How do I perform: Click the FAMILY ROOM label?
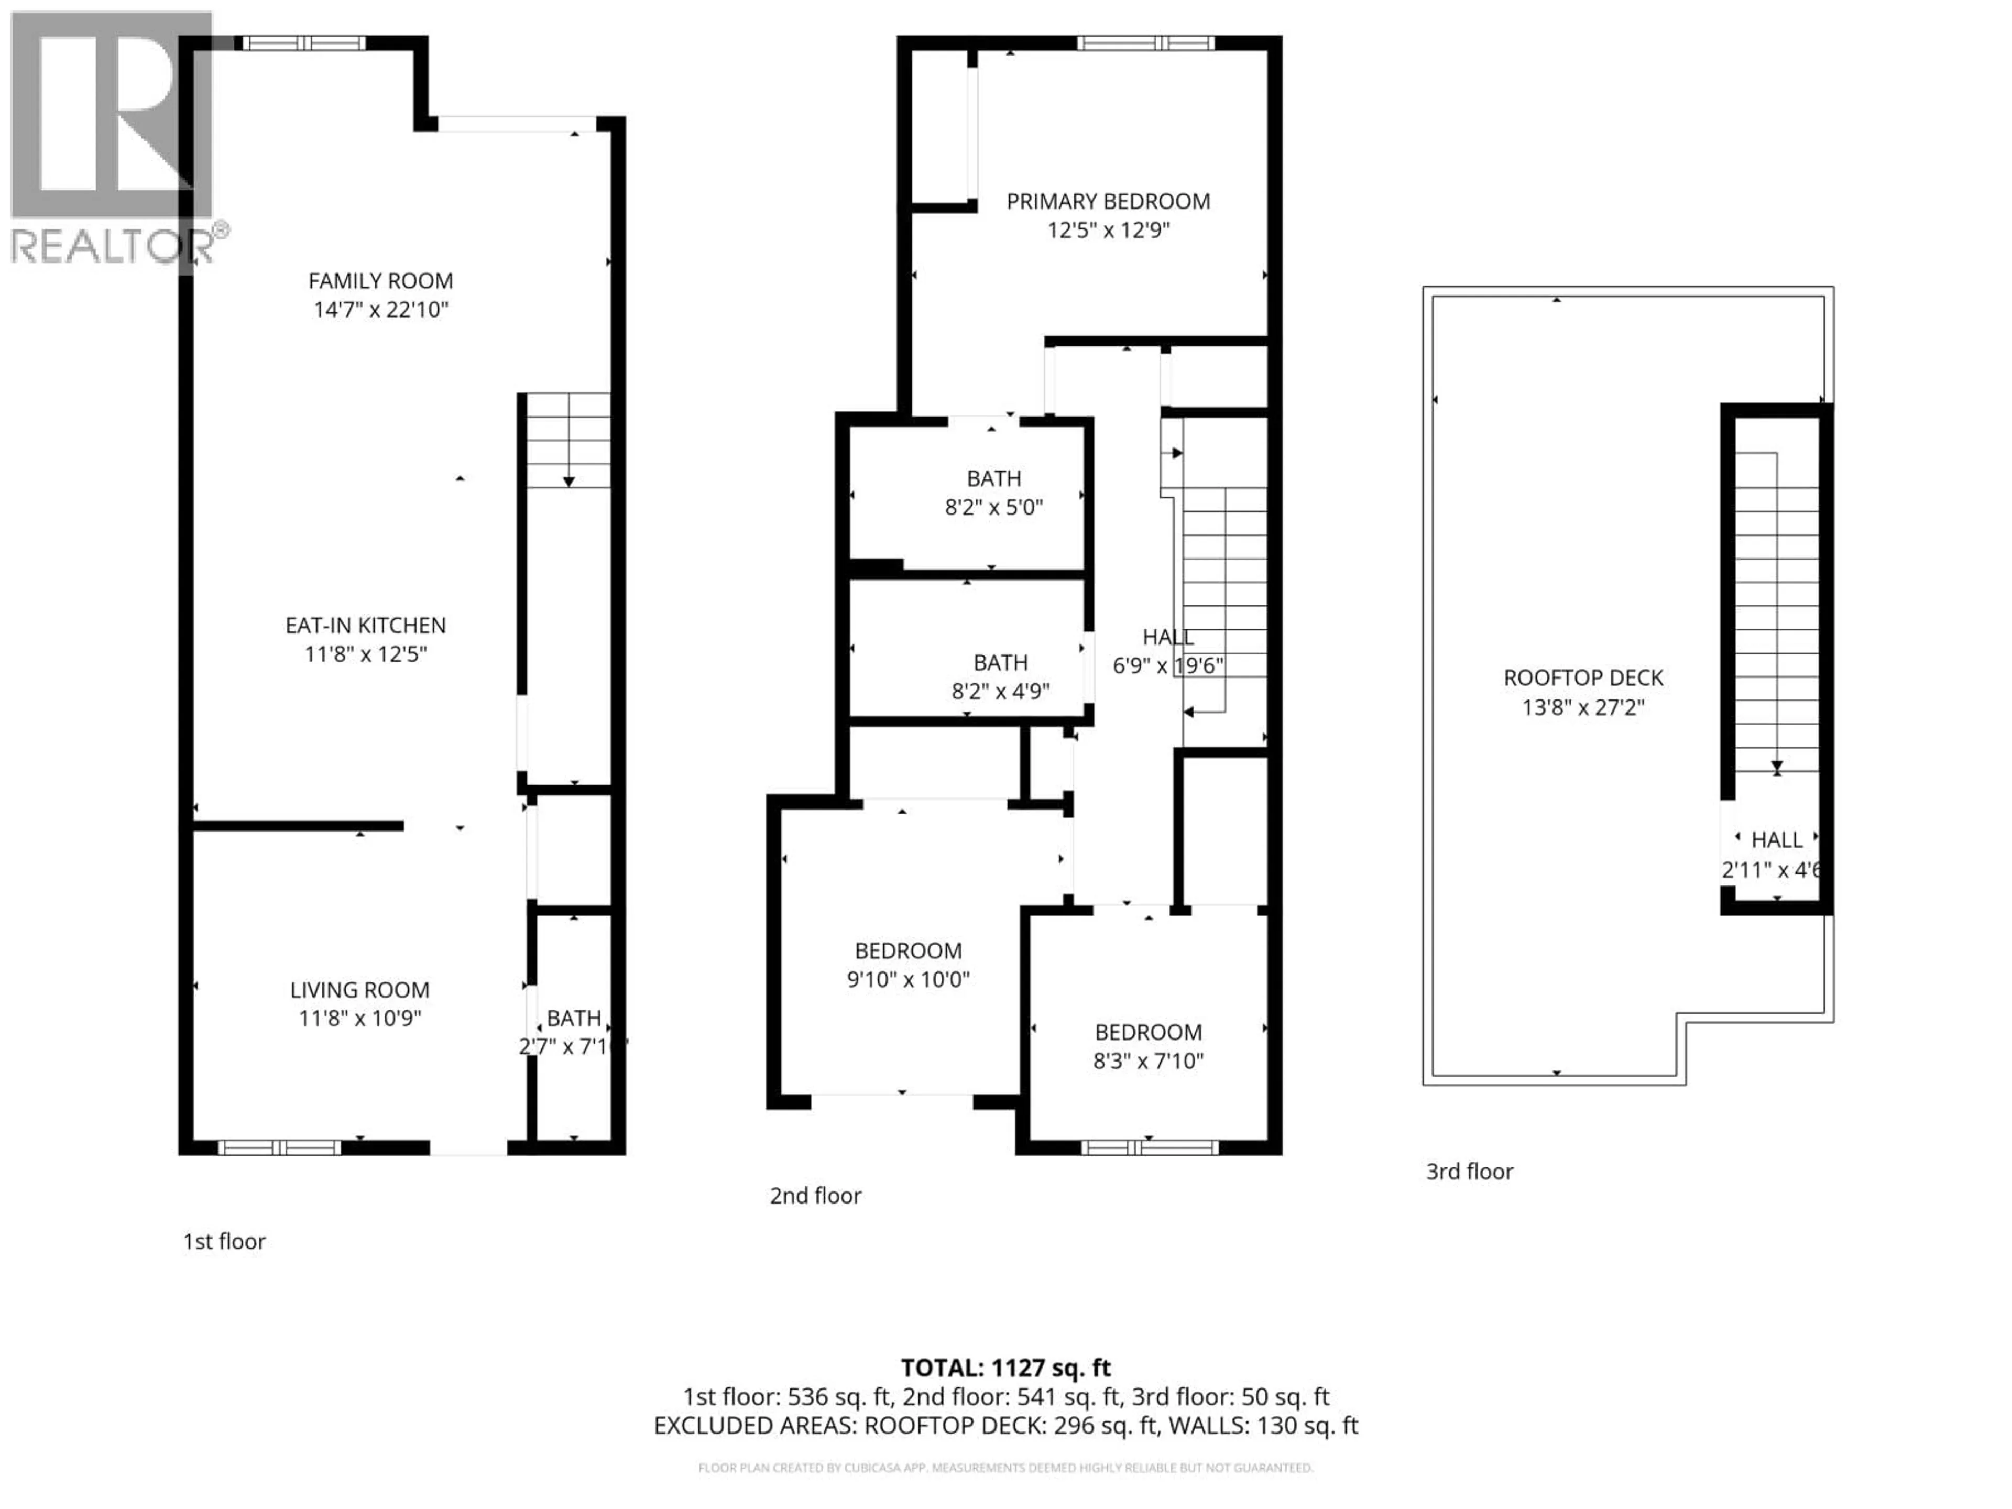click(380, 281)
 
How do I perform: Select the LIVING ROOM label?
click(359, 990)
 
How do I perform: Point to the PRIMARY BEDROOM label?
click(1108, 201)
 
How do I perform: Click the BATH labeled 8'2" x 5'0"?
click(993, 478)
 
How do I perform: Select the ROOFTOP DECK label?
click(1583, 677)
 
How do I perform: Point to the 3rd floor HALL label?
click(1776, 839)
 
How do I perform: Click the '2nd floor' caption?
click(815, 1195)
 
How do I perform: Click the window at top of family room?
click(303, 43)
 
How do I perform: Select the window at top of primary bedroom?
click(1145, 43)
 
